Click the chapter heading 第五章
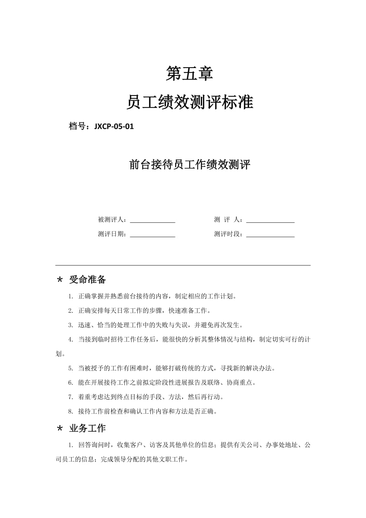point(189,74)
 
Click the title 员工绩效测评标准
point(189,102)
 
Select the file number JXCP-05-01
point(114,127)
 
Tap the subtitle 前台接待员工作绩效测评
point(190,165)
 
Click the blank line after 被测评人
point(152,220)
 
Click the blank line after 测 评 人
point(271,220)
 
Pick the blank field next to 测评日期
point(152,235)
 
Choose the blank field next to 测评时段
point(271,235)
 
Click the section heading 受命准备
point(88,280)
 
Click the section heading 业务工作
point(88,428)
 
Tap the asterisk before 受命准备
point(60,280)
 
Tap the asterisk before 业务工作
point(60,429)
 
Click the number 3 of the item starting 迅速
point(70,325)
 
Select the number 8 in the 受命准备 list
point(70,411)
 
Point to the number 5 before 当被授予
point(70,368)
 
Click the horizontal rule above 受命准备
point(183,265)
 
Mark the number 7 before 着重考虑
point(70,397)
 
